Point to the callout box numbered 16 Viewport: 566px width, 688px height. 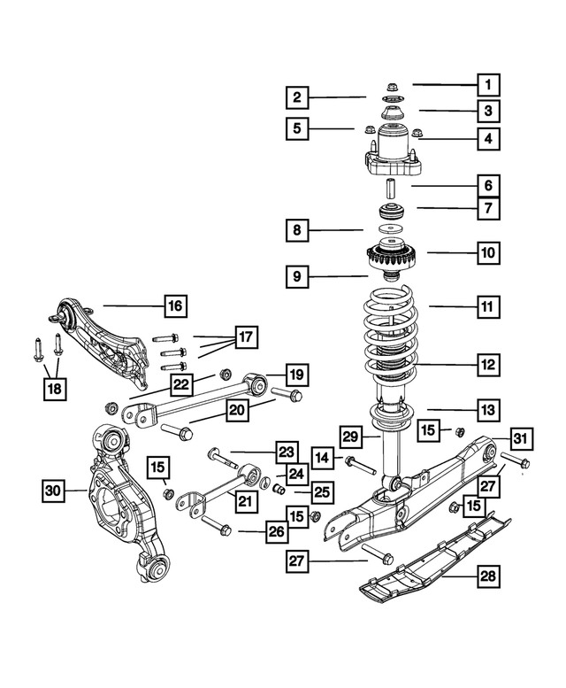click(176, 307)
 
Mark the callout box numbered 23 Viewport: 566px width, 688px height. click(284, 452)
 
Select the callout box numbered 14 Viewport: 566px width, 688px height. click(323, 458)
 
